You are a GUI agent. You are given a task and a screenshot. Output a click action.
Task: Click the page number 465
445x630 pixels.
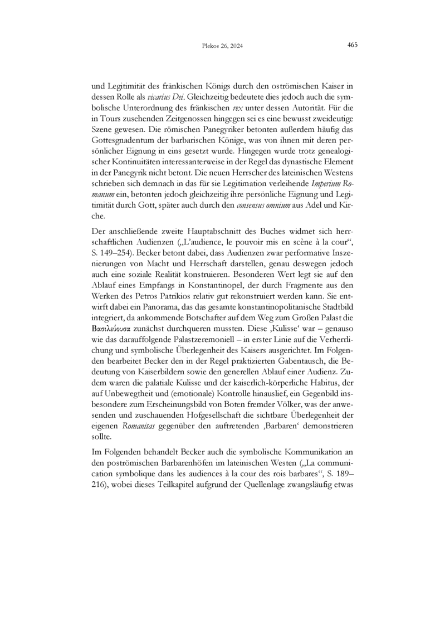click(352, 45)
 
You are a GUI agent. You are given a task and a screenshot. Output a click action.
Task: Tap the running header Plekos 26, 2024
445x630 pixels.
click(222, 46)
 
